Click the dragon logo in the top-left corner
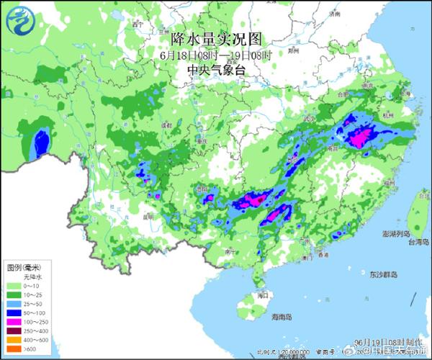pos(19,19)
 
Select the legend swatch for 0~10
pos(13,286)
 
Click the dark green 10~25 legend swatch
pos(13,295)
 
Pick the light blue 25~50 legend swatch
pos(13,305)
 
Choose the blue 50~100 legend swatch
pos(13,315)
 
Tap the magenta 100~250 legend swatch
pos(13,324)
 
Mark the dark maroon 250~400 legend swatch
pos(13,333)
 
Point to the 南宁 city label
pos(230,252)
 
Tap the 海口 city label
pos(264,295)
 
